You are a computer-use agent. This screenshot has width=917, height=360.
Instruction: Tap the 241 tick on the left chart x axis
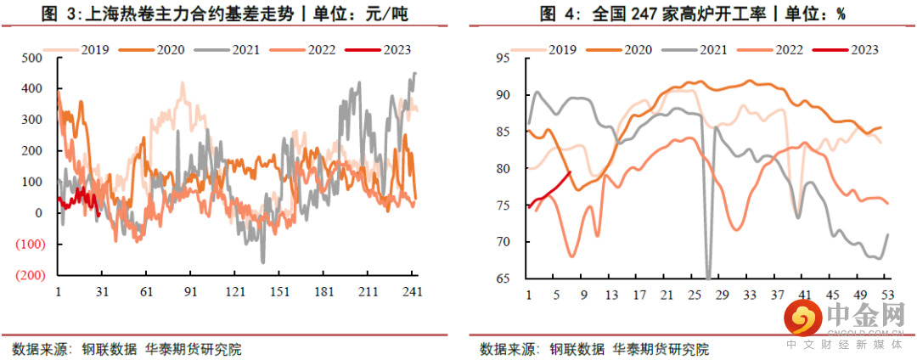[413, 291]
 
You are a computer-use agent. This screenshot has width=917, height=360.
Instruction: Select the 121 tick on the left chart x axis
[234, 291]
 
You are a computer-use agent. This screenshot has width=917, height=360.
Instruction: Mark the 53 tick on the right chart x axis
[886, 295]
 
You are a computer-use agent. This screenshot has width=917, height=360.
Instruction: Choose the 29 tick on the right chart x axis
[722, 295]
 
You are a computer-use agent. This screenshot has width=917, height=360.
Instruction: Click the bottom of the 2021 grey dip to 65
[708, 277]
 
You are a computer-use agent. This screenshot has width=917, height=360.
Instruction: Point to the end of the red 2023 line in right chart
[570, 172]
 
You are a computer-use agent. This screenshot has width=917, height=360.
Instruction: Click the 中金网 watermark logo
[845, 323]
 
